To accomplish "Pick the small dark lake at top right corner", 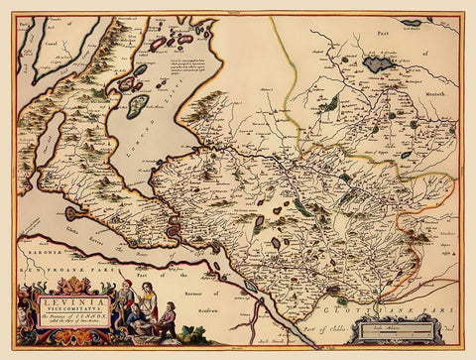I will (x=411, y=22).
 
